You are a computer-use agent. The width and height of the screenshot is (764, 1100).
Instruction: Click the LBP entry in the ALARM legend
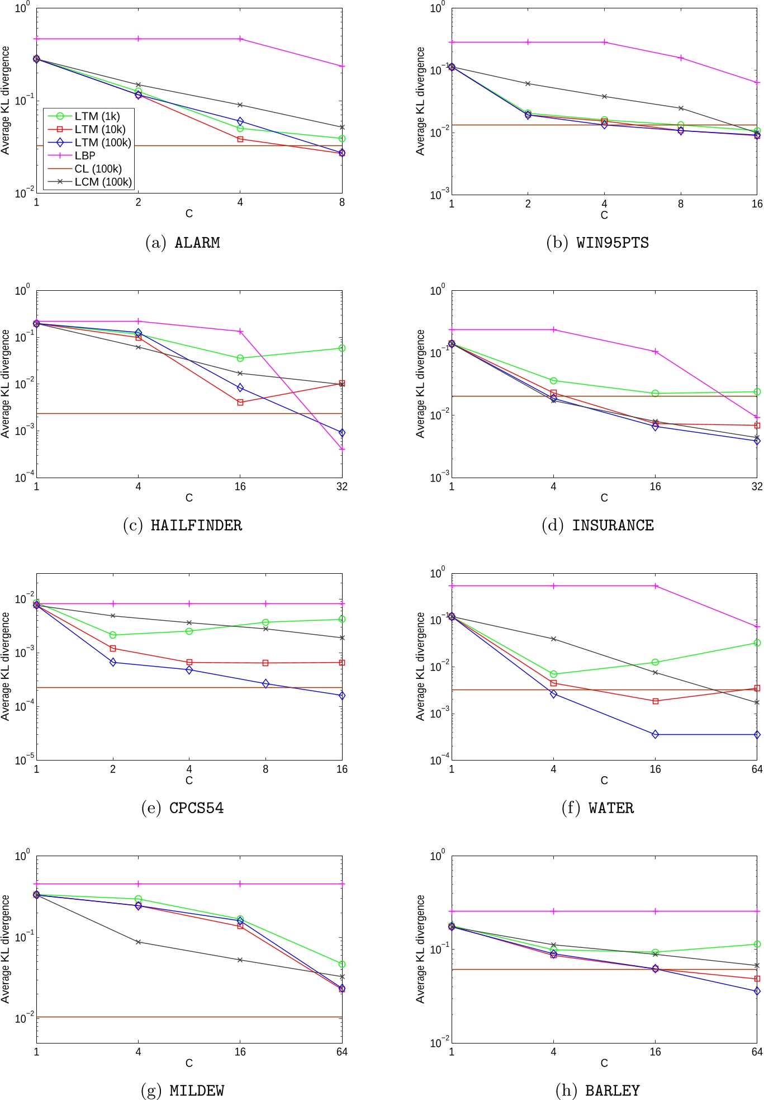click(85, 156)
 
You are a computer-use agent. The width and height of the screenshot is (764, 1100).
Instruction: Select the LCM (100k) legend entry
click(103, 182)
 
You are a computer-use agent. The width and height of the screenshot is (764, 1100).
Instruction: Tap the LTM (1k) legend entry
click(97, 116)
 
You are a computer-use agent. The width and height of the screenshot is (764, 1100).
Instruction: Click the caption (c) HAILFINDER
click(183, 525)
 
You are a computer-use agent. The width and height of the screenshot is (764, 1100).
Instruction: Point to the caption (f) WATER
click(597, 808)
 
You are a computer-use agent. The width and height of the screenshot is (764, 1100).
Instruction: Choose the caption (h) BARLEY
click(597, 1090)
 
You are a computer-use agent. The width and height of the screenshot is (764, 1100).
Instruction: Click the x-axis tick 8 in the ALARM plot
click(342, 202)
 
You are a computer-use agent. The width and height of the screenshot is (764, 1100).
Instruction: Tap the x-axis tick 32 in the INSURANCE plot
click(757, 487)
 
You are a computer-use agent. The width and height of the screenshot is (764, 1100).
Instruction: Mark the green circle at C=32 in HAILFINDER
click(342, 348)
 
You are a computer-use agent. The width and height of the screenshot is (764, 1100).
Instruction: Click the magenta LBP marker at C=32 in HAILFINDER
click(342, 449)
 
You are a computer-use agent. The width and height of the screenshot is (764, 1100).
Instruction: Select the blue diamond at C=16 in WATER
click(655, 734)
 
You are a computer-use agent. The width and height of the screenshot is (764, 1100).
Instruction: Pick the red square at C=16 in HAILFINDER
click(240, 402)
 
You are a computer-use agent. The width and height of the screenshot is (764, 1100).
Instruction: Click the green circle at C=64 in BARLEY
click(757, 944)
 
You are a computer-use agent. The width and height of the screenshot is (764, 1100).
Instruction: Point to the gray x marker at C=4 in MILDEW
click(139, 942)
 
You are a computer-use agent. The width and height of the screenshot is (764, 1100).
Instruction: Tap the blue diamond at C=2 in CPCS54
click(113, 662)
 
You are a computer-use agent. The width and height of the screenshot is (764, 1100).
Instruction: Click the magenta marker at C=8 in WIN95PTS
click(681, 58)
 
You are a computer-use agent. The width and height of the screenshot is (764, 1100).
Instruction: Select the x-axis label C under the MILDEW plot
click(189, 1063)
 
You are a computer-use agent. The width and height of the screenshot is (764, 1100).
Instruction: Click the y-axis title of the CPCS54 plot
click(6, 666)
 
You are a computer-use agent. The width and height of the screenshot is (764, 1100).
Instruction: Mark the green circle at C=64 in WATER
click(757, 643)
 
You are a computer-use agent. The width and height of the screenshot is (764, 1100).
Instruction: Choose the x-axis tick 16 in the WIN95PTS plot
click(757, 204)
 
